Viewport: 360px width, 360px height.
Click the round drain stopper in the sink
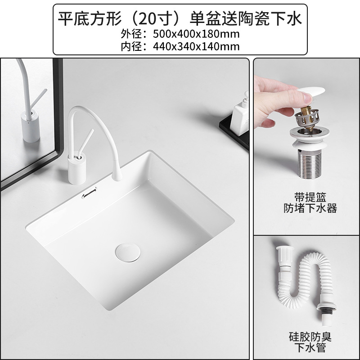pos(125,249)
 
